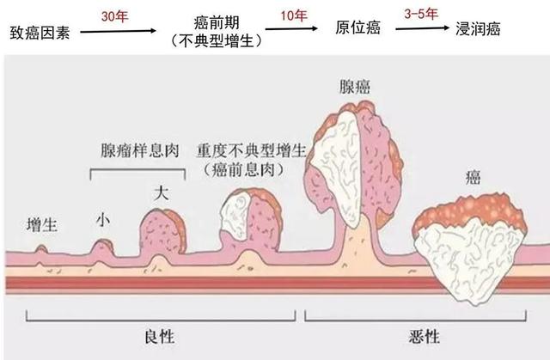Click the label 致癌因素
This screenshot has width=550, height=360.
[40, 33]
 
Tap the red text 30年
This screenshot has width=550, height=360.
[114, 16]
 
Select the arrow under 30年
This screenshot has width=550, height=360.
[119, 31]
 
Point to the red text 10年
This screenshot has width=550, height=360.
[294, 15]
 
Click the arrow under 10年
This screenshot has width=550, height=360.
[291, 28]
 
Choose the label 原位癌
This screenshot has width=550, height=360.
[357, 27]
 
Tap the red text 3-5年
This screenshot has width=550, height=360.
[421, 14]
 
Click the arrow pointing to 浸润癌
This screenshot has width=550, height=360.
[422, 28]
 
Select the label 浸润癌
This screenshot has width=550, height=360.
[478, 28]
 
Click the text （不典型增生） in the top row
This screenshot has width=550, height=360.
[217, 41]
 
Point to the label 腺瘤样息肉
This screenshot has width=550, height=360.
[140, 150]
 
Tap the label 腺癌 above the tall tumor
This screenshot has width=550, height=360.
[355, 87]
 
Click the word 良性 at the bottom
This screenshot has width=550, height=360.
[160, 337]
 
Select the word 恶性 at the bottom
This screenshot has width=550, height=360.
[424, 337]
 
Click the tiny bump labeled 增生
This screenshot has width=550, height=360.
[41, 249]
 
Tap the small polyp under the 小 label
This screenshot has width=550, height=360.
[102, 247]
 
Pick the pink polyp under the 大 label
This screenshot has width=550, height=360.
[162, 232]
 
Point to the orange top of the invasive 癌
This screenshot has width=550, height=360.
[469, 211]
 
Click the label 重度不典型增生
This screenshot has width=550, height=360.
[252, 151]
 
